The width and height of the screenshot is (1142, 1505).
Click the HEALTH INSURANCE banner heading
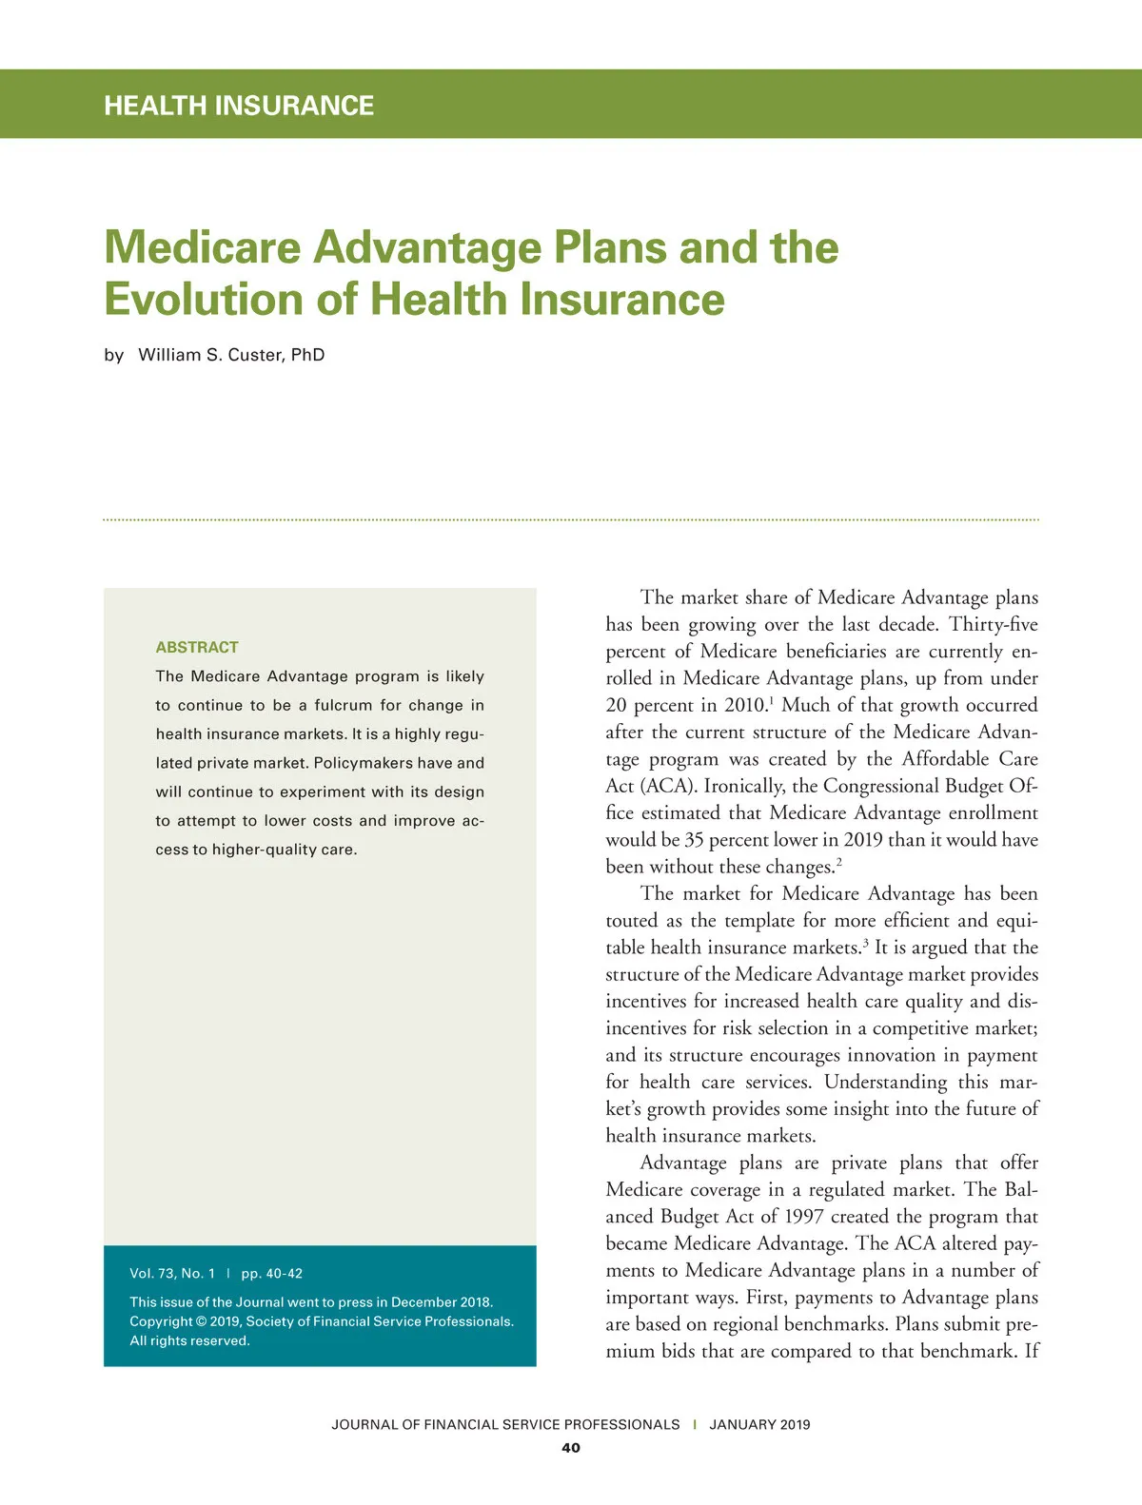239,106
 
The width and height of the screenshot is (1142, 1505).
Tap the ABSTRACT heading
197,647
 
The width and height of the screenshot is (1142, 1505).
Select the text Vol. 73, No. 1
172,1273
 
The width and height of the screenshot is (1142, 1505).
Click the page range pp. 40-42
272,1273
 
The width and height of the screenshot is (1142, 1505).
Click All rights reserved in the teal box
189,1340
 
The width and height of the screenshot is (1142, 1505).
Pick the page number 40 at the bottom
571,1448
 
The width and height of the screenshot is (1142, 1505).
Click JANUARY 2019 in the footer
759,1424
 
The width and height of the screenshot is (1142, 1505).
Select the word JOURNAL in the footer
364,1424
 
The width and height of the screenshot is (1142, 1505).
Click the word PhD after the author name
308,355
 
